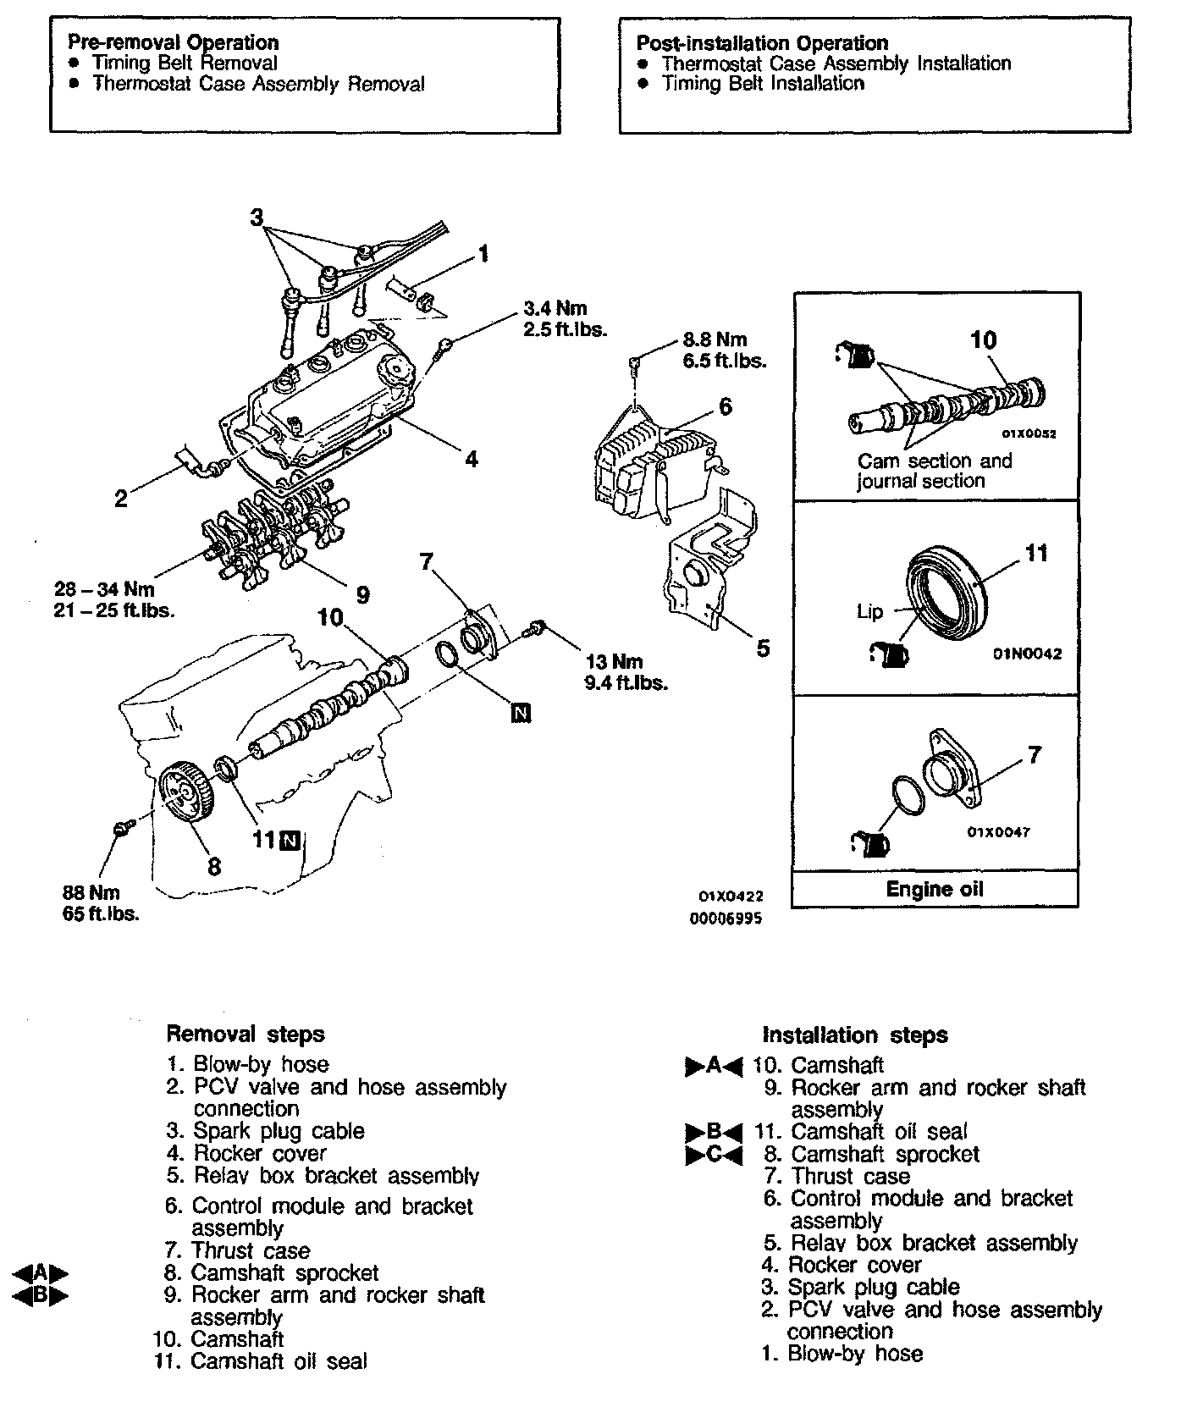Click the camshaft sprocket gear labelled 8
coord(187,792)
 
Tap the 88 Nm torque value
coord(91,892)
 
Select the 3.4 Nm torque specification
coord(555,309)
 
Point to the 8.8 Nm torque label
coord(715,339)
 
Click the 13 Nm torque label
coord(613,662)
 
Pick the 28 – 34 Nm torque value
coord(104,588)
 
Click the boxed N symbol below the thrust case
coord(521,713)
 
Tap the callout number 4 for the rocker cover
coord(471,459)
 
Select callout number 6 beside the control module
coord(725,406)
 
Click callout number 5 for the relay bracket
coord(763,648)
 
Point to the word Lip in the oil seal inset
coord(869,611)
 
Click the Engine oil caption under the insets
coord(935,889)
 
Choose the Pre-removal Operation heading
coord(173,42)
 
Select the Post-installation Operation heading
coord(762,43)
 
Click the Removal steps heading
coord(246,1034)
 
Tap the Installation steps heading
coord(855,1035)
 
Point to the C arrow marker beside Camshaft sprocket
coord(713,1155)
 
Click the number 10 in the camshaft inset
coord(983,340)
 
